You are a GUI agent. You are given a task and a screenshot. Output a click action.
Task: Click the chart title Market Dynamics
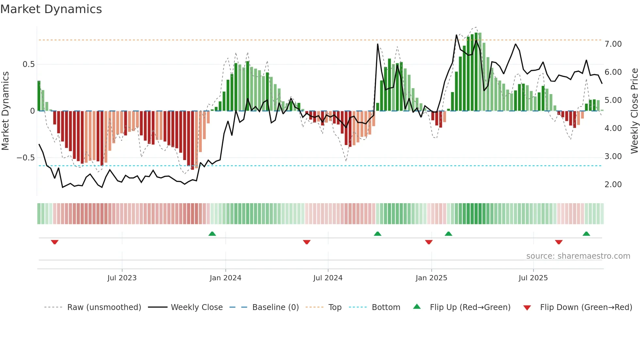[51, 9]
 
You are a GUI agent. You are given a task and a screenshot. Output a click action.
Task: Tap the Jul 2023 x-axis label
[122, 278]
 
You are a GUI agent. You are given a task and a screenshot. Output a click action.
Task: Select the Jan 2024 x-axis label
[225, 278]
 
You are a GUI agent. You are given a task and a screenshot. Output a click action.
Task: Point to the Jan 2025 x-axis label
[431, 278]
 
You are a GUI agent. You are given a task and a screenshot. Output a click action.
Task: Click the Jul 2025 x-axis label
[533, 278]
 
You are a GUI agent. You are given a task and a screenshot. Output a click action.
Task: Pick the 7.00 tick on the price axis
[613, 44]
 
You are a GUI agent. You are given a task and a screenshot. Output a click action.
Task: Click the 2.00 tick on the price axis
[613, 185]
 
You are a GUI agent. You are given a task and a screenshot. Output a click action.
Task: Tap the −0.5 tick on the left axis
[25, 158]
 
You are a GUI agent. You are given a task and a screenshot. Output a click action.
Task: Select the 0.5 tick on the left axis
[28, 64]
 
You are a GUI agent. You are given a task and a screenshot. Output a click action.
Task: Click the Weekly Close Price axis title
[634, 111]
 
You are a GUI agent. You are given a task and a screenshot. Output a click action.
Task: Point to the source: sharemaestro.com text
[578, 256]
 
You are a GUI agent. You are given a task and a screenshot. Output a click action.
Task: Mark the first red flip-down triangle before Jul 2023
[55, 242]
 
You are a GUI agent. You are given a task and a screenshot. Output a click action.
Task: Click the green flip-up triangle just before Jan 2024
[212, 234]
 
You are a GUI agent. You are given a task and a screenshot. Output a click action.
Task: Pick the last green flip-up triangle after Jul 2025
[586, 234]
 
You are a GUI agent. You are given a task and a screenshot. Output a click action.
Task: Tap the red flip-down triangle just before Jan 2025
[429, 242]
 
